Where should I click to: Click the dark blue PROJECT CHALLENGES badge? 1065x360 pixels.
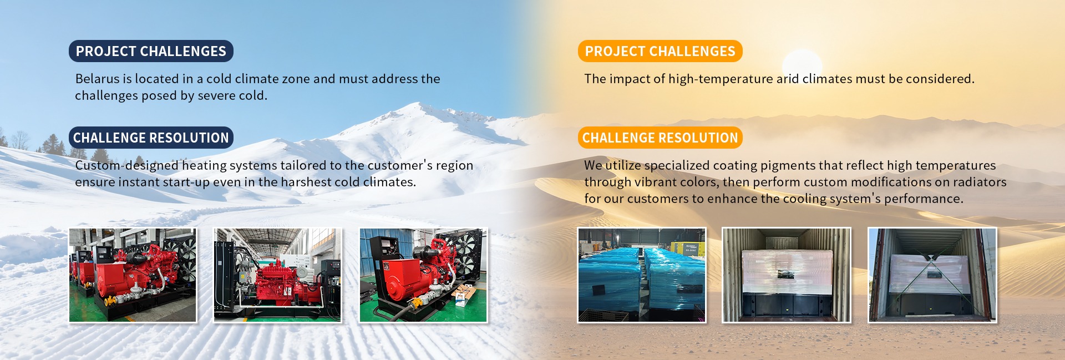click(x=151, y=51)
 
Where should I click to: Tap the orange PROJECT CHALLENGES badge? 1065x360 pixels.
click(x=660, y=51)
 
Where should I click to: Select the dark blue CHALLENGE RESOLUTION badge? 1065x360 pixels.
click(x=151, y=138)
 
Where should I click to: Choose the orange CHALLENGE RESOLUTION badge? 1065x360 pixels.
click(x=660, y=138)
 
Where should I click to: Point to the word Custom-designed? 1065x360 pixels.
click(x=127, y=165)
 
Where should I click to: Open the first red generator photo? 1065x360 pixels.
click(x=133, y=275)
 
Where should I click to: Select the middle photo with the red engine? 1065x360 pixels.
click(x=277, y=275)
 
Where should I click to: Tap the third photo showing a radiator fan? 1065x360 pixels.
click(x=423, y=275)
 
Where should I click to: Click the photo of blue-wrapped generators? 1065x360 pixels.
click(x=642, y=275)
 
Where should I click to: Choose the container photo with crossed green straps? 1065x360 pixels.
click(x=932, y=275)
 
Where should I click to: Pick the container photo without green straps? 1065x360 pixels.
click(x=786, y=275)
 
